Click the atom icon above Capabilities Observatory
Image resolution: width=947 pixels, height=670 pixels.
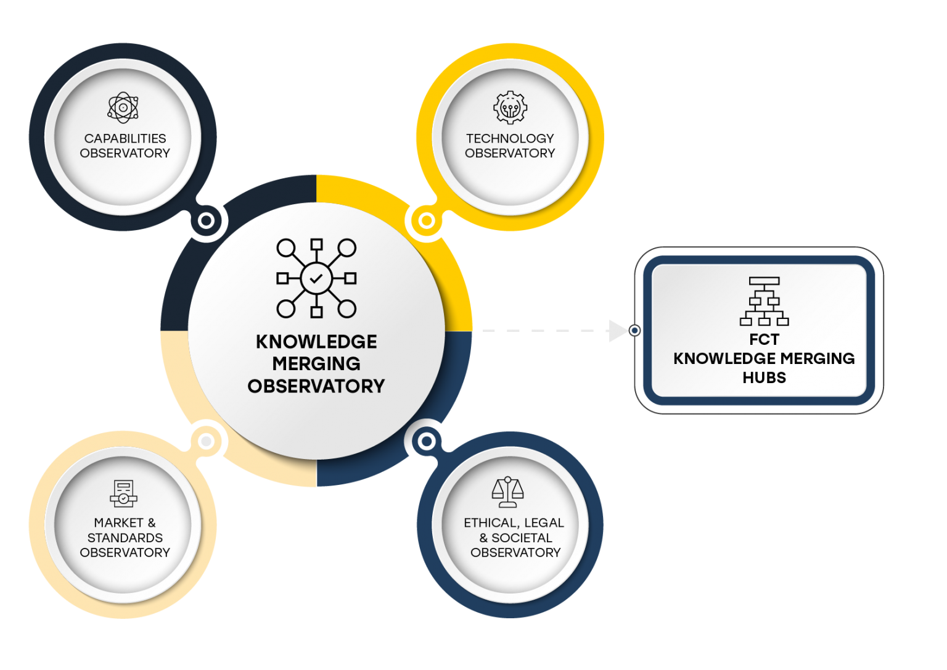point(123,107)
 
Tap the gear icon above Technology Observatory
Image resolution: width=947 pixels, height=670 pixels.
point(510,107)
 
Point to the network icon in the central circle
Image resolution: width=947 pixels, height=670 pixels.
point(316,278)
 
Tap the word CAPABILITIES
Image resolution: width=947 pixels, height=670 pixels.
point(125,138)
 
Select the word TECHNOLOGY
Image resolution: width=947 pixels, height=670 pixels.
point(510,138)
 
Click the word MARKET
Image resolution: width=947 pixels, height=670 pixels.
point(118,523)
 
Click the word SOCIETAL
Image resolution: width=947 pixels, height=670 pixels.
point(522,537)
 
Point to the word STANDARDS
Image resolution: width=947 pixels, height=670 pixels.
point(125,537)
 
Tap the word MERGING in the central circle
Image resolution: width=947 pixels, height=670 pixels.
point(316,363)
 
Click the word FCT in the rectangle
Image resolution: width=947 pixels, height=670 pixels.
point(764,339)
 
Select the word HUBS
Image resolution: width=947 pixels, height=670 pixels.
point(764,378)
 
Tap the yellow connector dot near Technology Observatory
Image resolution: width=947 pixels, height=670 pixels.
point(426,220)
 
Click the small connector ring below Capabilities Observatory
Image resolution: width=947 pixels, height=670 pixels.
point(206,220)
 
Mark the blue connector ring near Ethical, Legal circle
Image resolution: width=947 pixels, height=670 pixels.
point(426,441)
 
